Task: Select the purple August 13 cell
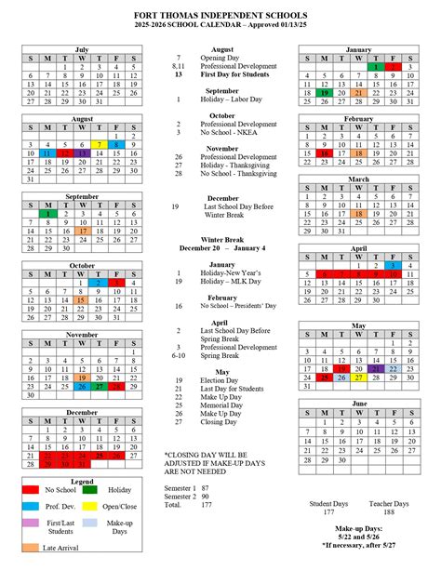[82, 153]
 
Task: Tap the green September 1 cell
[47, 214]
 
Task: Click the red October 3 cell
[116, 282]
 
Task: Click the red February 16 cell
[325, 153]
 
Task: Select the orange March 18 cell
[359, 213]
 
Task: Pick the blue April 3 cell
[394, 266]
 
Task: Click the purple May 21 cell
[376, 369]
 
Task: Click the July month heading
[81, 48]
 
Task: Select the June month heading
[359, 404]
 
